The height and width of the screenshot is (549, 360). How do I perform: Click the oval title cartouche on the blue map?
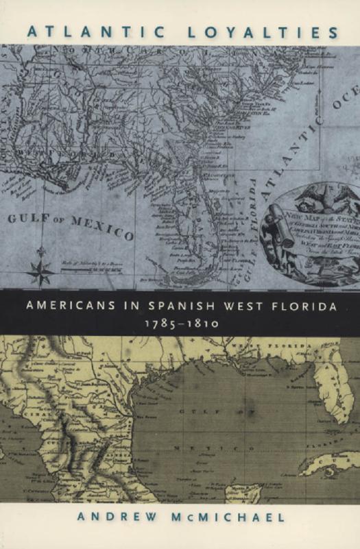pos(313,232)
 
